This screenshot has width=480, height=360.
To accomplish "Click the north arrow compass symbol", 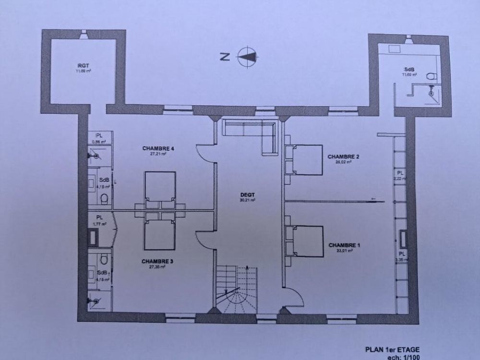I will (x=248, y=56).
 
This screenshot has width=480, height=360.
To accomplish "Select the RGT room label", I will (x=83, y=66).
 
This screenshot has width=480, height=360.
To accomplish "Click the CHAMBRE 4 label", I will (x=157, y=148).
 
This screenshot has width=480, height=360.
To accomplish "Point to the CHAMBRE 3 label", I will (x=157, y=262).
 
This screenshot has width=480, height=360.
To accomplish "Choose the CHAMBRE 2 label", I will (x=343, y=156).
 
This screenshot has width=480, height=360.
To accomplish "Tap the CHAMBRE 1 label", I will (x=344, y=245).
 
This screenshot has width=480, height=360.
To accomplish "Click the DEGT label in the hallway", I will (x=248, y=195).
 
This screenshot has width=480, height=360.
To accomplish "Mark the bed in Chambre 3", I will (x=159, y=233).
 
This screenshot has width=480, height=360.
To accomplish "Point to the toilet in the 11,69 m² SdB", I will (x=431, y=76).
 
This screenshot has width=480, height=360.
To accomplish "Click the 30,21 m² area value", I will (x=248, y=200).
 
